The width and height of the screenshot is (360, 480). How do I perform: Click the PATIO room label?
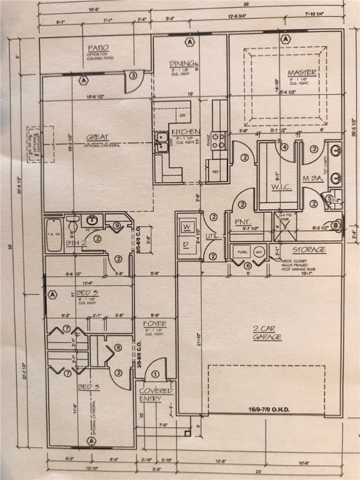(x=98, y=47)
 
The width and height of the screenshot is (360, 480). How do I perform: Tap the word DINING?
(x=182, y=63)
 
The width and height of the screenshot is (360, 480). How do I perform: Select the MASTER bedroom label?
(x=301, y=73)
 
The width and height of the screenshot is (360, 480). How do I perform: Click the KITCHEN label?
(x=186, y=132)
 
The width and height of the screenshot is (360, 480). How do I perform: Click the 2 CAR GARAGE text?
(x=267, y=332)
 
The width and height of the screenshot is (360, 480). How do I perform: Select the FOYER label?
(x=154, y=324)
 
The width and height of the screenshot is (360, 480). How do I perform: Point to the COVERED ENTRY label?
(x=156, y=394)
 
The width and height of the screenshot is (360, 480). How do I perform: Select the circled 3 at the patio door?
(x=134, y=76)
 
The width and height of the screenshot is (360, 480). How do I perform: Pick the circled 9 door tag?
(x=117, y=226)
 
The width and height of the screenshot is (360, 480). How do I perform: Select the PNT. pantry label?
(x=242, y=222)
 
